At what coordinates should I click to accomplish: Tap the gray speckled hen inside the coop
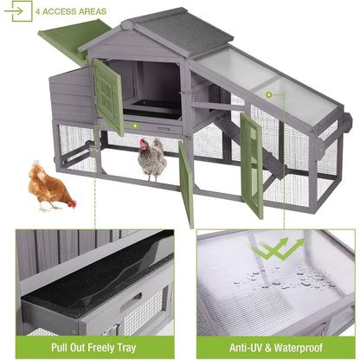point(152,158)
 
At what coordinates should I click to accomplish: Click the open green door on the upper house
point(109,96)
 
